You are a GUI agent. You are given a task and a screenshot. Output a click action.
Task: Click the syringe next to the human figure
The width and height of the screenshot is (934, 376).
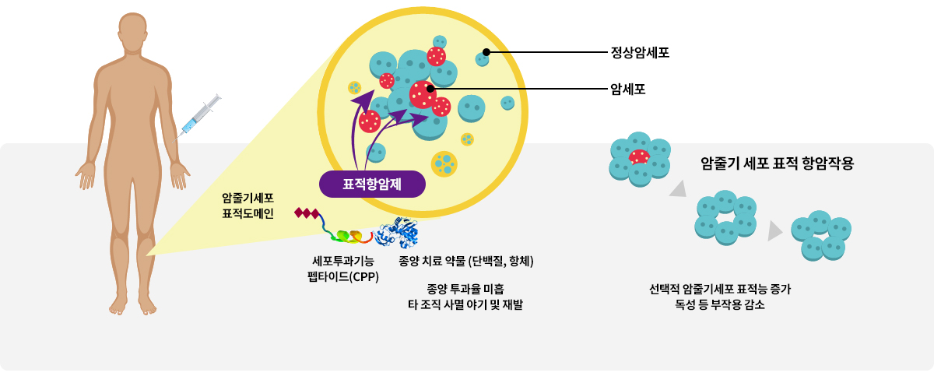pyautogui.click(x=196, y=118)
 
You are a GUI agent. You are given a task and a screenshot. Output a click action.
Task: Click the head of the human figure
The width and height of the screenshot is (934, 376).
pyautogui.click(x=132, y=33)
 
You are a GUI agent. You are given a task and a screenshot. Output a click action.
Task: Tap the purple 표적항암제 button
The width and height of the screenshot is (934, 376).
pyautogui.click(x=372, y=184)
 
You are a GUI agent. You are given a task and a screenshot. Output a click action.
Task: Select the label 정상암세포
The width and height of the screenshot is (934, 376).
pyautogui.click(x=640, y=52)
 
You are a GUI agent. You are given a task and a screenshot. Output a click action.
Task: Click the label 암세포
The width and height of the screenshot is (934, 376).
pyautogui.click(x=628, y=89)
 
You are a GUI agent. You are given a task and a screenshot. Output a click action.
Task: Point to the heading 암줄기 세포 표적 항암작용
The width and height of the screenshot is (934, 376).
pyautogui.click(x=778, y=163)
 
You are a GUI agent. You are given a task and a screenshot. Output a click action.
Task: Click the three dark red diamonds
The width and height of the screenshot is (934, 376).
pyautogui.click(x=307, y=213)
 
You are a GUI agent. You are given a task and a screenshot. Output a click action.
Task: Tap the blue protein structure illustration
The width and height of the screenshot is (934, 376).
pyautogui.click(x=396, y=232)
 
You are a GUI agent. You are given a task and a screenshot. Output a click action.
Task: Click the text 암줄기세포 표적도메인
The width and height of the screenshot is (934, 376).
pyautogui.click(x=248, y=206)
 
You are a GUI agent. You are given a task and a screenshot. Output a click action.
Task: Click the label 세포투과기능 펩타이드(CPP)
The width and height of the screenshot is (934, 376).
pyautogui.click(x=343, y=269)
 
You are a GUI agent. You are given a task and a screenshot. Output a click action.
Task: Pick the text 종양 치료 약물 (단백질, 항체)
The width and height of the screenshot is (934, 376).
pyautogui.click(x=466, y=261)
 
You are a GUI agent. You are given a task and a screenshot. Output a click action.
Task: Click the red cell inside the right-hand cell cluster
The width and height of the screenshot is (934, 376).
pyautogui.click(x=639, y=157)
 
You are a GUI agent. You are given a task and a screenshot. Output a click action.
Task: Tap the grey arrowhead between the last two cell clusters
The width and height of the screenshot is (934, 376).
pyautogui.click(x=774, y=231)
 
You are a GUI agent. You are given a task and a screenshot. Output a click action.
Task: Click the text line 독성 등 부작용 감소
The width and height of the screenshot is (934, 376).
pyautogui.click(x=720, y=304)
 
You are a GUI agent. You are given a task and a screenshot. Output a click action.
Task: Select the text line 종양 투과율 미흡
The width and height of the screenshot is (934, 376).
pyautogui.click(x=465, y=289)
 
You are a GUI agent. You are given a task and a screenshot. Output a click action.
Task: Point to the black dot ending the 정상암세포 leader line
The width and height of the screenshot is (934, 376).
pyautogui.click(x=486, y=52)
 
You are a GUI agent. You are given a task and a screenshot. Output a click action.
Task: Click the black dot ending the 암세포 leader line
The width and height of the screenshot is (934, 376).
pyautogui.click(x=430, y=89)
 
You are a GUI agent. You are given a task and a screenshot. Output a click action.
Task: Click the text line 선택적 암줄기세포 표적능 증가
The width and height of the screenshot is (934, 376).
pyautogui.click(x=720, y=289)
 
